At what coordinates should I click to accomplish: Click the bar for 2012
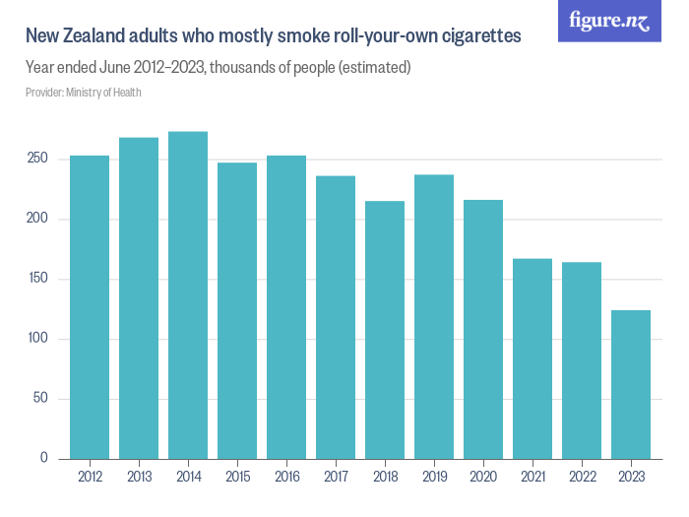click(90, 307)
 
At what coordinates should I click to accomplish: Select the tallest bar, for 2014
click(188, 295)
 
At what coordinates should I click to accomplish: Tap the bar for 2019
click(434, 317)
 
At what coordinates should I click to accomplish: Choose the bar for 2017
click(336, 317)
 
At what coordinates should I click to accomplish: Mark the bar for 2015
click(237, 311)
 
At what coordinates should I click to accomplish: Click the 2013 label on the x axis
click(139, 478)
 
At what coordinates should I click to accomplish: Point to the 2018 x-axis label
click(385, 478)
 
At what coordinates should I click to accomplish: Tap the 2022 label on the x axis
click(582, 478)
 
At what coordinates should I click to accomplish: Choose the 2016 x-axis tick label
click(286, 478)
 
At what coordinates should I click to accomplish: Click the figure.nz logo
click(609, 22)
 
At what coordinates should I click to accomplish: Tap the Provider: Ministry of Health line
click(84, 93)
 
